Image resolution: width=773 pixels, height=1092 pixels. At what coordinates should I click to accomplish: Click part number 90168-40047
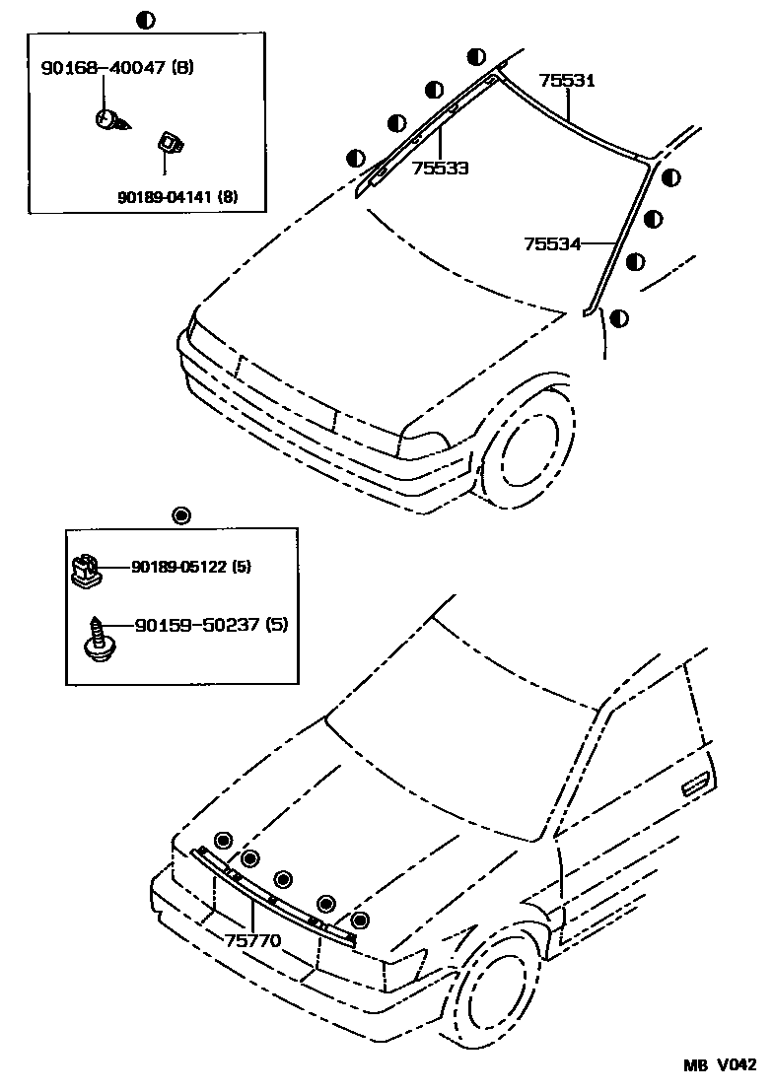point(104,68)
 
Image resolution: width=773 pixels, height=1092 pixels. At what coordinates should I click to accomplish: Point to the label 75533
point(440,168)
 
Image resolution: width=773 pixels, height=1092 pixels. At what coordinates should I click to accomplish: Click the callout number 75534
point(553,242)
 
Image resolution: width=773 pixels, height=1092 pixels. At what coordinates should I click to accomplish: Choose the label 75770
point(253,940)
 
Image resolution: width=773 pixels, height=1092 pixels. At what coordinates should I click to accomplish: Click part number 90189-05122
point(178,567)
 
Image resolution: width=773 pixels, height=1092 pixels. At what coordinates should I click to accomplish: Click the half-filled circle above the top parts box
point(145,18)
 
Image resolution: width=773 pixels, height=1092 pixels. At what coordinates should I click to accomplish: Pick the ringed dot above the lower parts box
point(180,514)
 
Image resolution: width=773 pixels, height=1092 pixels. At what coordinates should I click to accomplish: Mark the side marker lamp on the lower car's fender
point(694,784)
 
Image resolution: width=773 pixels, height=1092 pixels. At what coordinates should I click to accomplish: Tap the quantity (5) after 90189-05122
point(243,567)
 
